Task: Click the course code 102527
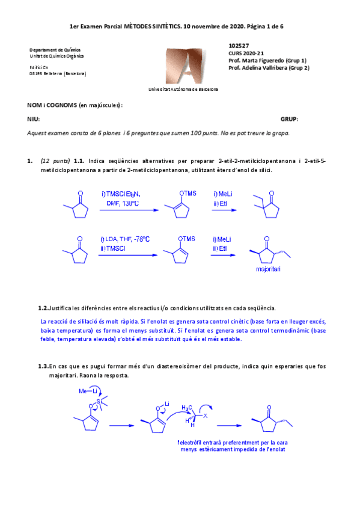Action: click(239, 46)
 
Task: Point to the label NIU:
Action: click(34, 120)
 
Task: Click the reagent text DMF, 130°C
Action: click(122, 203)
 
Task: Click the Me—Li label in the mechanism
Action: click(88, 392)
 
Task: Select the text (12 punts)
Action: click(55, 161)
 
